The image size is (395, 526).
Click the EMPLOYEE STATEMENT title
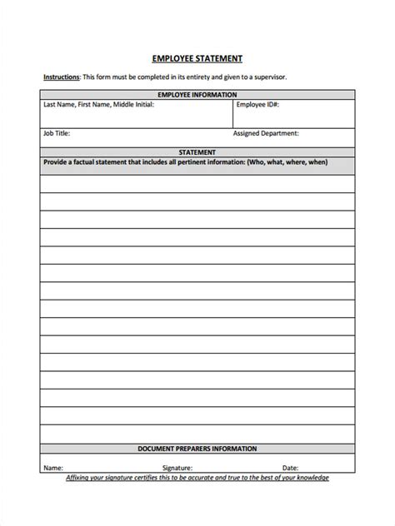click(x=197, y=58)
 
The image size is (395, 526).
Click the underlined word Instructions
click(x=62, y=77)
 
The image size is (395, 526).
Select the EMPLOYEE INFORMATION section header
click(x=197, y=95)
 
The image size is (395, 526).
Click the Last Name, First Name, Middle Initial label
click(x=90, y=105)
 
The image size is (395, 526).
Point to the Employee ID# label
click(x=257, y=105)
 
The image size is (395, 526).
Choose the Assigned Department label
click(x=266, y=133)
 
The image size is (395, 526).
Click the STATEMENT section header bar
click(x=197, y=152)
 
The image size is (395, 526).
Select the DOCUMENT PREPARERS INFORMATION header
click(x=197, y=449)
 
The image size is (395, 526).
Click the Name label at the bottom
click(x=53, y=468)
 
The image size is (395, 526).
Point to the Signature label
click(x=177, y=468)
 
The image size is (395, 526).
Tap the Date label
click(x=290, y=468)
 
